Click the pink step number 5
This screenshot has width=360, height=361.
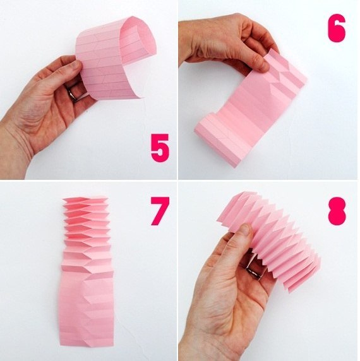pyautogui.click(x=160, y=148)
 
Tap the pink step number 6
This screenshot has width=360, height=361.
pyautogui.click(x=337, y=28)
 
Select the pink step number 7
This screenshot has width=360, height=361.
pyautogui.click(x=160, y=211)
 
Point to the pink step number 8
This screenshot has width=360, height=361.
pyautogui.click(x=337, y=211)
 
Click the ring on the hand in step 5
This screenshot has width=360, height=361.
pyautogui.click(x=73, y=95)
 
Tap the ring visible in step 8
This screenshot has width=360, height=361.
pyautogui.click(x=255, y=271)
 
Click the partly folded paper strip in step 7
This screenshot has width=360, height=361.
pyautogui.click(x=87, y=271)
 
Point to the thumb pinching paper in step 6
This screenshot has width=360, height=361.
pyautogui.click(x=257, y=62)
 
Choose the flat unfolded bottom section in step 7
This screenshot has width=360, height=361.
pyautogui.click(x=87, y=311)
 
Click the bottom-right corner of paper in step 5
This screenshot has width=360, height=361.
pyautogui.click(x=140, y=98)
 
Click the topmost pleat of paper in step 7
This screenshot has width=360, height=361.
pyautogui.click(x=85, y=199)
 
